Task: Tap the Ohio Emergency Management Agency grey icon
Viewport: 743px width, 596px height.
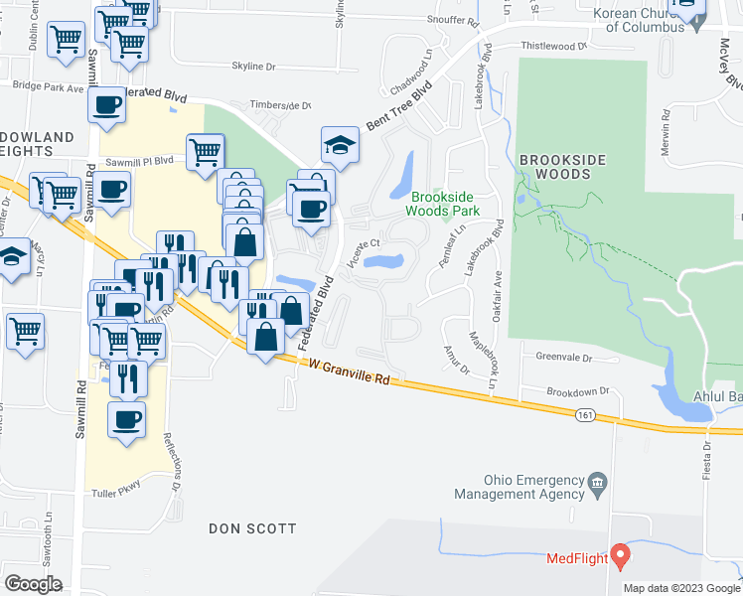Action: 597,486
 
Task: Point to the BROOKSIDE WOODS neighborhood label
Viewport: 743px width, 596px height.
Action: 554,166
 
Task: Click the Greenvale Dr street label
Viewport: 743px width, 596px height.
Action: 563,358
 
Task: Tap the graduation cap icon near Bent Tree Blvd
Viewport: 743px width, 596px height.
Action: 340,145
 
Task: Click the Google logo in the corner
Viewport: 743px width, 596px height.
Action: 34,583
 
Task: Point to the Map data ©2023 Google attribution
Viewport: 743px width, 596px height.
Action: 680,588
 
